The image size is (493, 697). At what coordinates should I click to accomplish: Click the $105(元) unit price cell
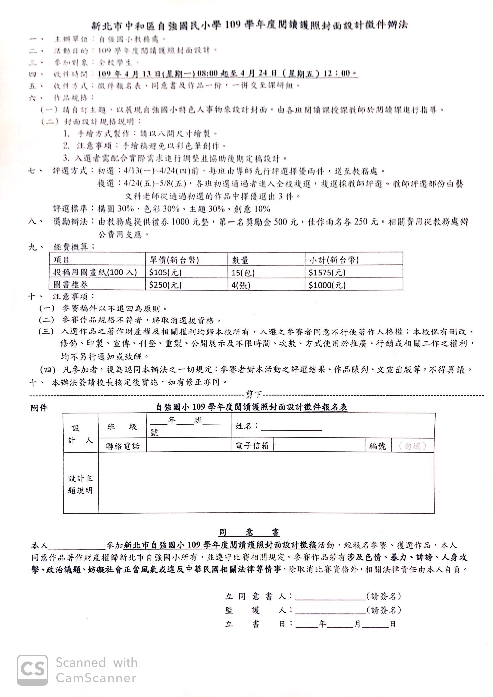point(165,272)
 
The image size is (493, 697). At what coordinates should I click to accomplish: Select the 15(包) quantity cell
point(243,272)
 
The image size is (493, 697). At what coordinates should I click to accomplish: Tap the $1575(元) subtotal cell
point(327,272)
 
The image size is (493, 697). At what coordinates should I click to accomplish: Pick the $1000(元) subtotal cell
point(327,285)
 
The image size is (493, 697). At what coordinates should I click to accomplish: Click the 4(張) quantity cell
point(241,285)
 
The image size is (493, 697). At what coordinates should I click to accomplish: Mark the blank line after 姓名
point(291,430)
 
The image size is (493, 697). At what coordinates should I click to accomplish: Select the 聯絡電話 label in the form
point(122,446)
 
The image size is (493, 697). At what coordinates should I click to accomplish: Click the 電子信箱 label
point(252,446)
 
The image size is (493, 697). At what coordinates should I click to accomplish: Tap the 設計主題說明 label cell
point(80,485)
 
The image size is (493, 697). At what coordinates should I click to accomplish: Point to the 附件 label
point(39,408)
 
